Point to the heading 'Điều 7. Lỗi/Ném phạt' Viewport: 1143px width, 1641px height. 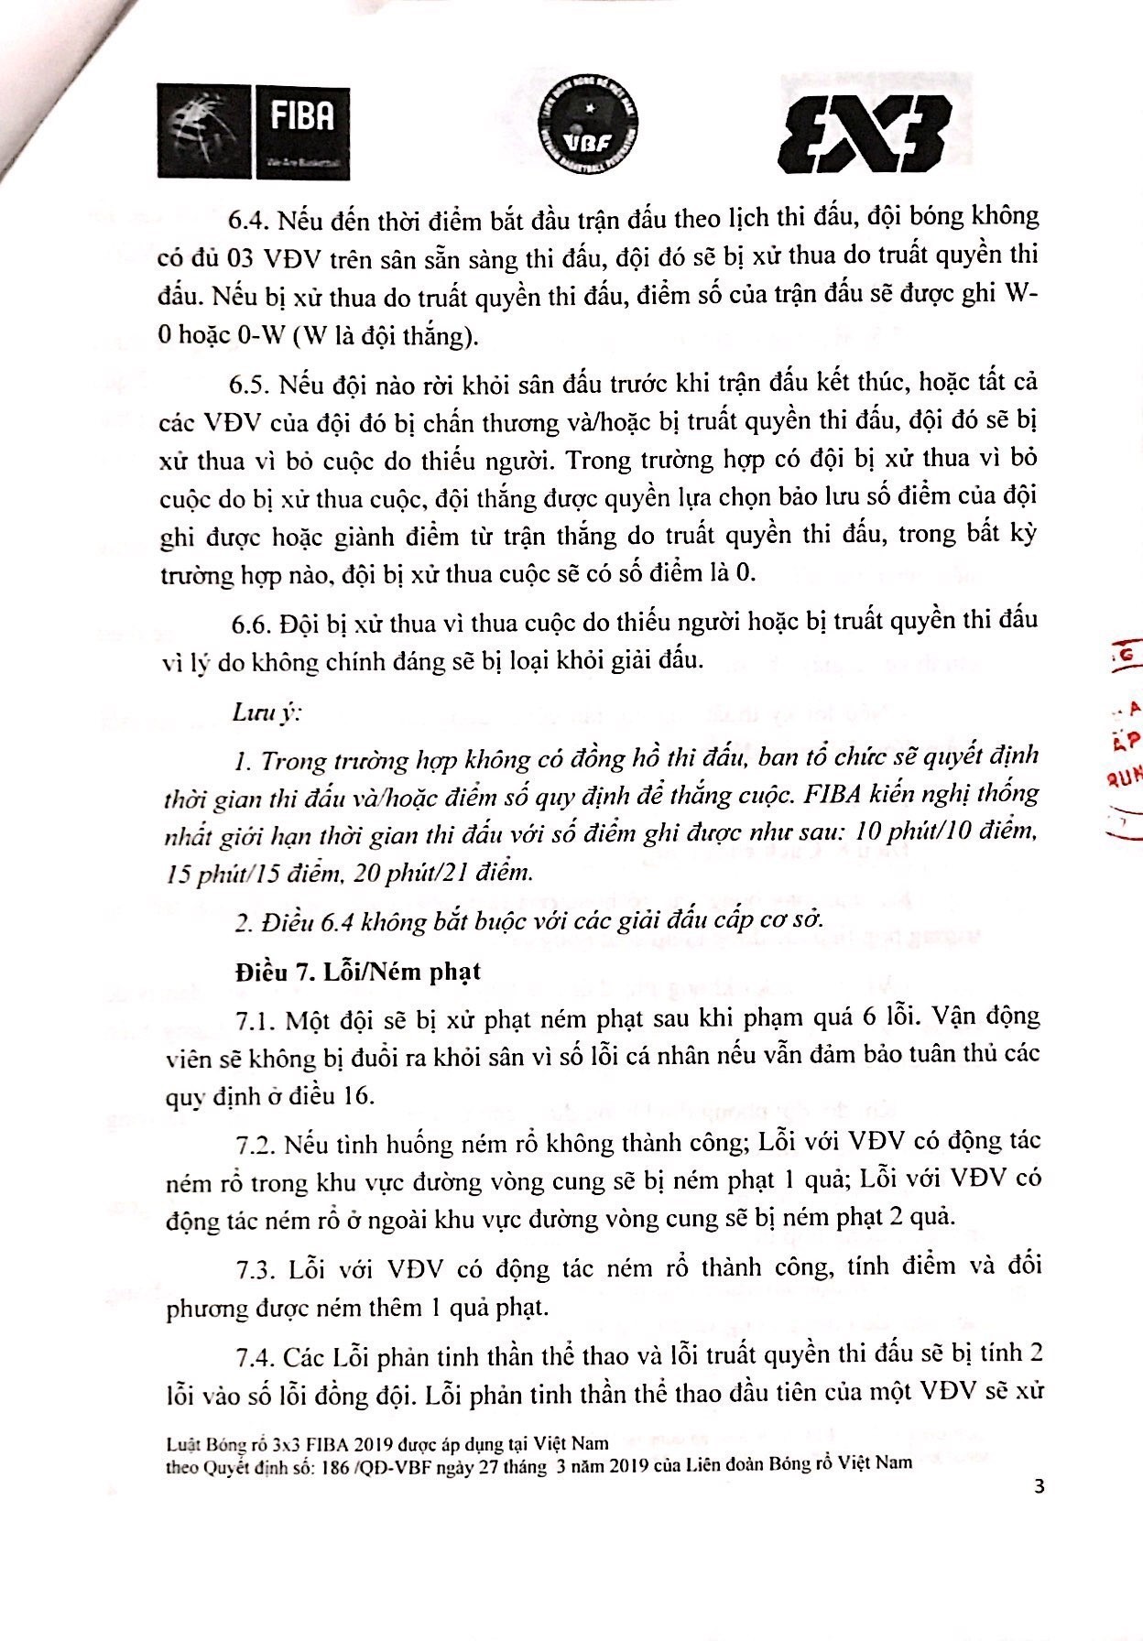coord(356,972)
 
